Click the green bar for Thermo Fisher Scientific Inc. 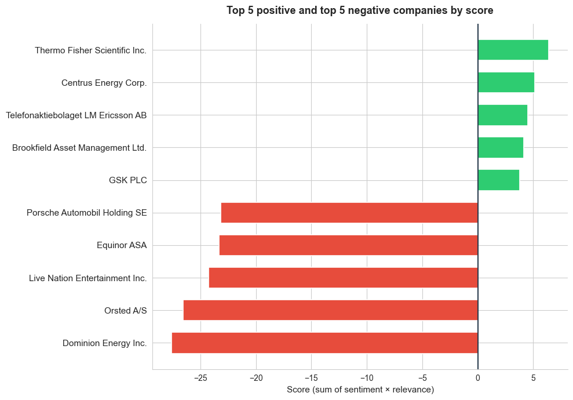click(x=513, y=50)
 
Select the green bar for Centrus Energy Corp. click(x=506, y=82)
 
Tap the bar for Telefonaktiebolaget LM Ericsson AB click(x=502, y=115)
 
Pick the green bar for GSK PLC click(x=498, y=180)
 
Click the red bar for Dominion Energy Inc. click(x=324, y=343)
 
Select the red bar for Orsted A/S click(x=330, y=310)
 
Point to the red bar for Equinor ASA click(x=348, y=245)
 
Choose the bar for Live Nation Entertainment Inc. click(x=343, y=278)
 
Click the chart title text click(x=360, y=10)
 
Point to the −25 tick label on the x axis click(x=200, y=378)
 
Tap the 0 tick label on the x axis click(x=478, y=378)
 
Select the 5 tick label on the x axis click(x=533, y=378)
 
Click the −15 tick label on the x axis click(x=311, y=378)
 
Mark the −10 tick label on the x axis click(x=367, y=378)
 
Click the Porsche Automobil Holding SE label click(x=87, y=213)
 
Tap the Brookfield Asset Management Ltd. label click(x=79, y=148)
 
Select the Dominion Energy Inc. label click(x=105, y=343)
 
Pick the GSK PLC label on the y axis click(x=128, y=180)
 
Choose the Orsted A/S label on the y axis click(x=126, y=311)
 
